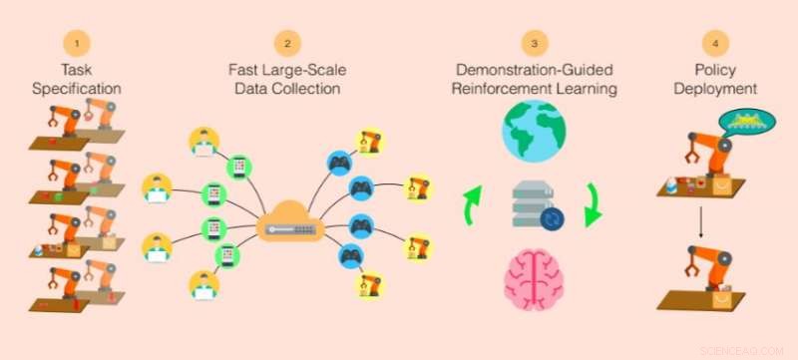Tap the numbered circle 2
(287, 44)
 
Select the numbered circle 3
(535, 44)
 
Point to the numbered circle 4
(714, 44)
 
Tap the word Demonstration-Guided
(535, 71)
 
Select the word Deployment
(714, 90)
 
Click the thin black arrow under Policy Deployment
(701, 223)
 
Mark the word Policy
(714, 71)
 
